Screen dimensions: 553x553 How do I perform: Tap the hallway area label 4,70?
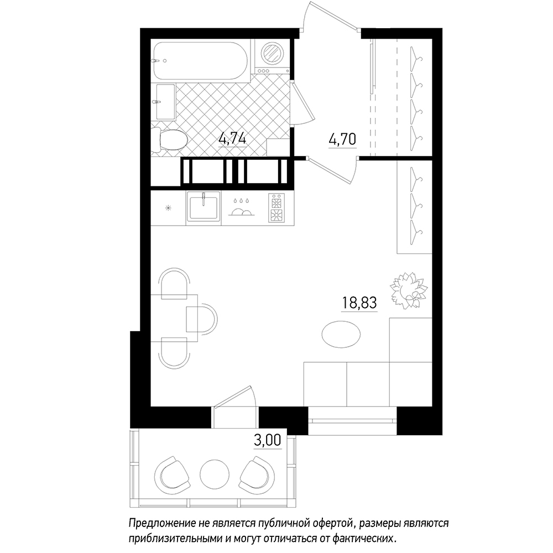[x=342, y=139]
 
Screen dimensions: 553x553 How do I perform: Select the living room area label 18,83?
[x=359, y=302]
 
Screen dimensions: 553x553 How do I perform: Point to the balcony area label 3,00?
[x=268, y=440]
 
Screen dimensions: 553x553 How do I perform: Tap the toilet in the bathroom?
[x=169, y=140]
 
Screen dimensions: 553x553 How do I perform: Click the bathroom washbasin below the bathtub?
[x=165, y=102]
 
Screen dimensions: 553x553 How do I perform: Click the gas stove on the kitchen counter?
[x=276, y=208]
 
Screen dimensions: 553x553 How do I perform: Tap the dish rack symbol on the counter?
[x=241, y=207]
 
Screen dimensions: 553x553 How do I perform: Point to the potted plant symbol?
[x=409, y=290]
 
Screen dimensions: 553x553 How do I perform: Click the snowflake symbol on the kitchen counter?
[x=169, y=208]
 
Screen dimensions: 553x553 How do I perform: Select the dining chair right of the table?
[x=202, y=319]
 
